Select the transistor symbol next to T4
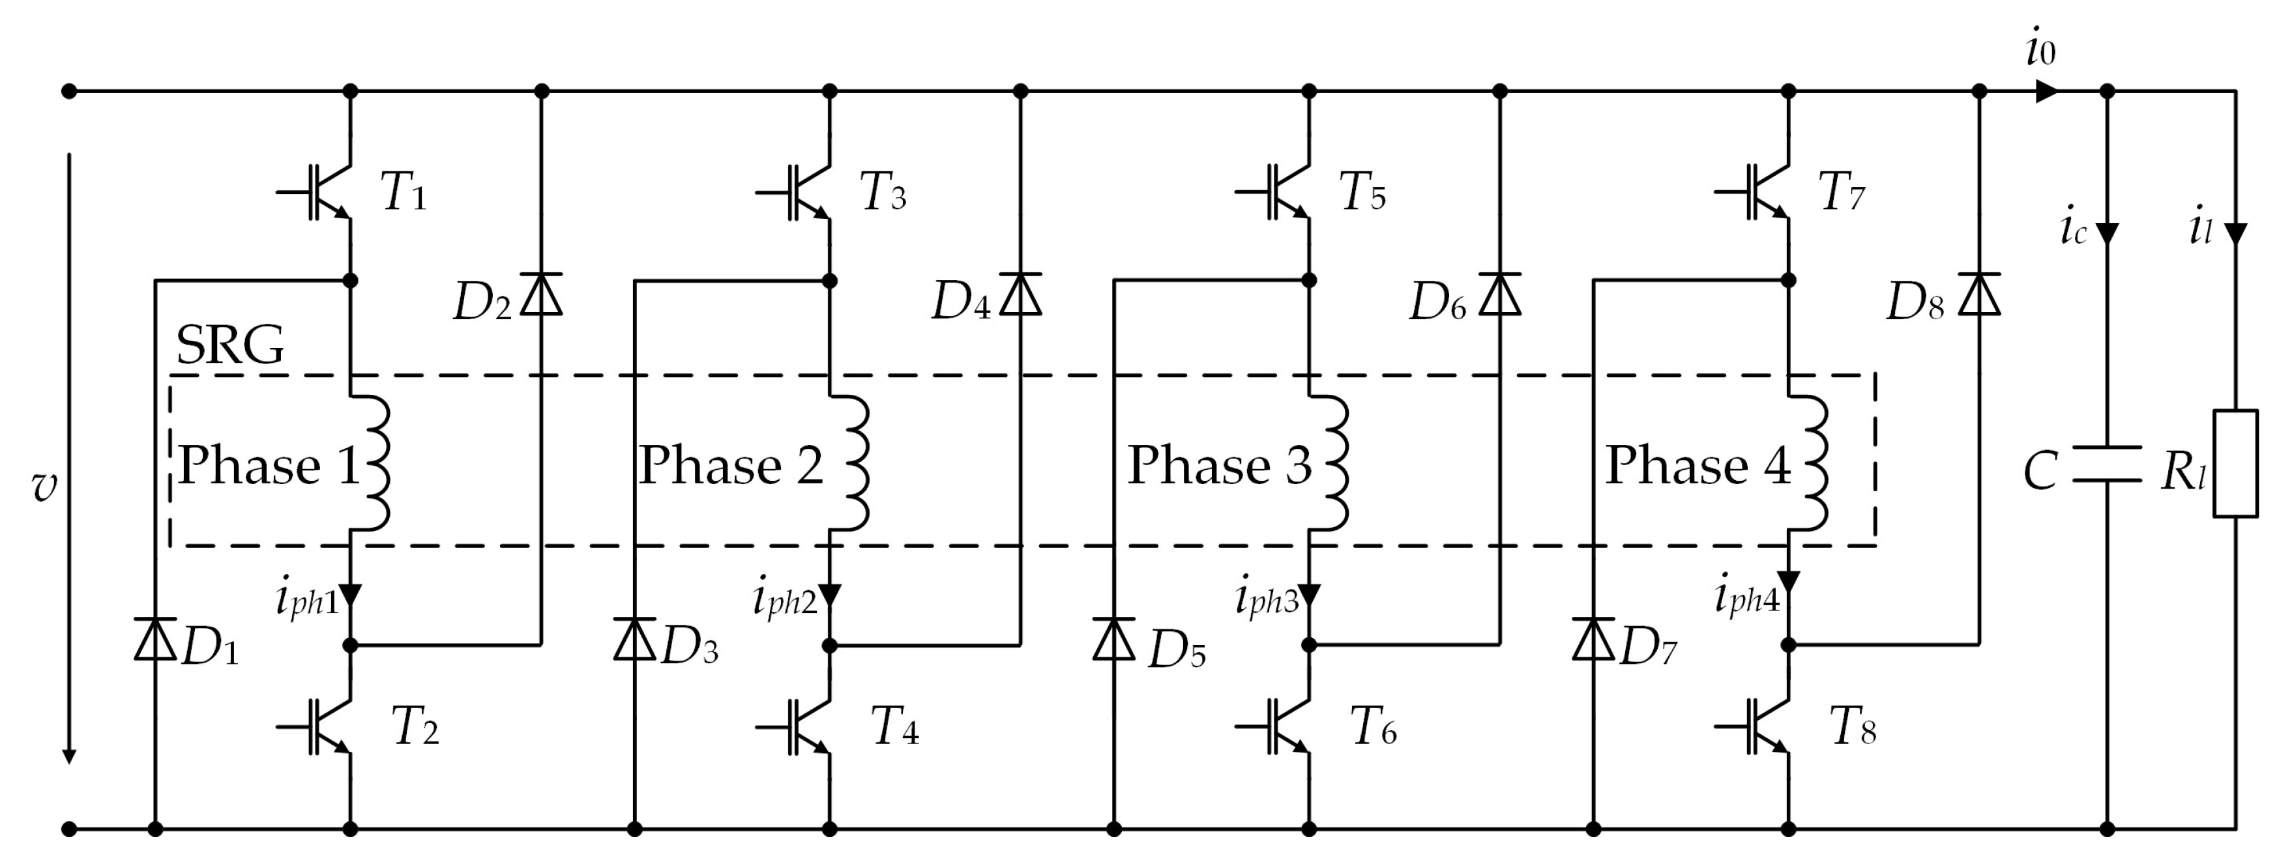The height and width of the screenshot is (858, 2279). [802, 726]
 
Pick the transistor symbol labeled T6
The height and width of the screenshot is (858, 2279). [1282, 726]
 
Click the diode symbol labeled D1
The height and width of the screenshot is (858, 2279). [155, 638]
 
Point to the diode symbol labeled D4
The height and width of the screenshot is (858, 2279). [1020, 294]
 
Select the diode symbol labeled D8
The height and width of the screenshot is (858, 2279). [1979, 294]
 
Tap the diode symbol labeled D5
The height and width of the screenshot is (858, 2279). [1114, 638]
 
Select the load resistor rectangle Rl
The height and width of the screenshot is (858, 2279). [2236, 463]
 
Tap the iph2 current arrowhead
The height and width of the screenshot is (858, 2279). [830, 595]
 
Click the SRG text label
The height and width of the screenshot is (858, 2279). [230, 345]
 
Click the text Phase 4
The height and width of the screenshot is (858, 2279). [1698, 465]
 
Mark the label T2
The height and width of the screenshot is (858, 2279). [415, 727]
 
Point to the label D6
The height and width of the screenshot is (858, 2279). [1437, 302]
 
